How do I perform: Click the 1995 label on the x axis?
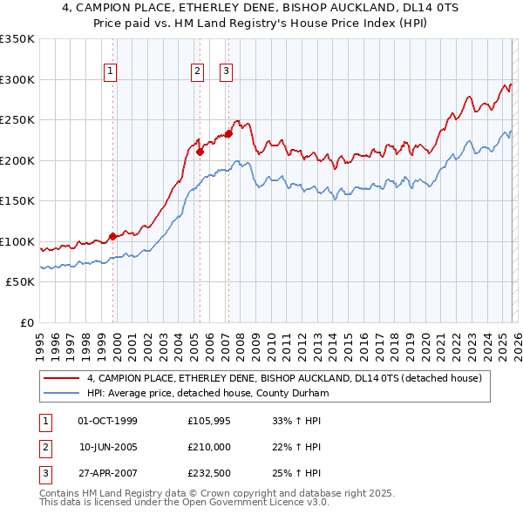41,340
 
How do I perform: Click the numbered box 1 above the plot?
112,71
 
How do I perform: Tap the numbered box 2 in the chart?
198,71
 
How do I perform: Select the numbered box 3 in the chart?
226,71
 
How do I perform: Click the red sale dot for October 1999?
113,236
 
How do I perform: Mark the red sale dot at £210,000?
200,152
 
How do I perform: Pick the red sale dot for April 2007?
228,133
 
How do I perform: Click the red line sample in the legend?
63,379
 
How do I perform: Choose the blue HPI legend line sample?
63,393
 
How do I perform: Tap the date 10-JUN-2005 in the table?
107,446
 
